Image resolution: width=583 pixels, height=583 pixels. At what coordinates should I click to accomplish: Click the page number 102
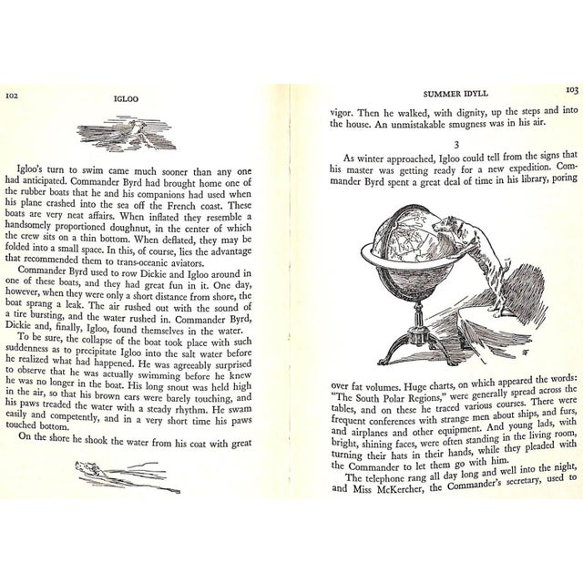(14, 94)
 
